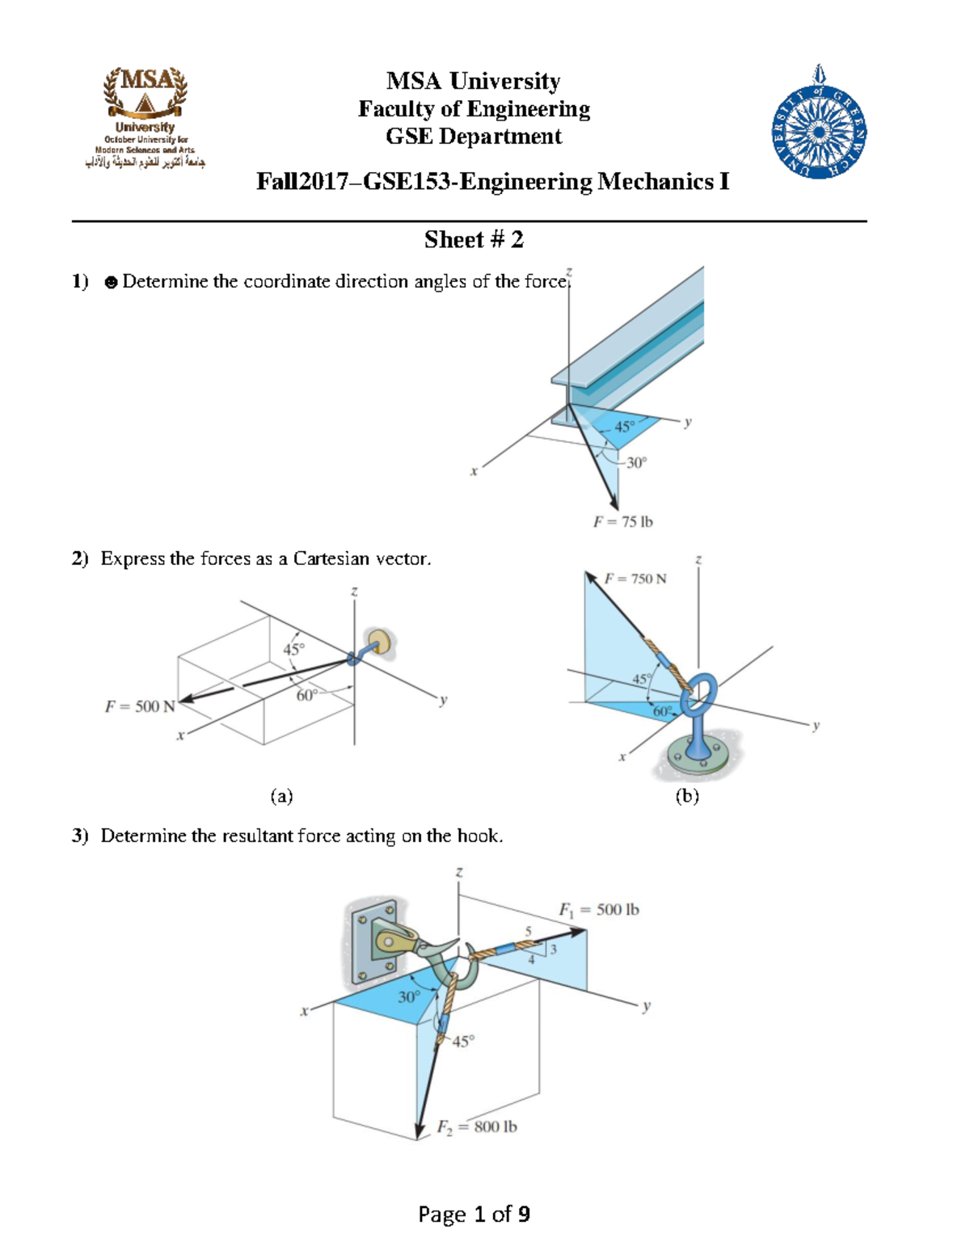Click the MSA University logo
[145, 117]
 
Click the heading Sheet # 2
[474, 240]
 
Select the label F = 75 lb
[622, 522]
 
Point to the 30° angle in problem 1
[637, 463]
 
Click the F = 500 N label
[140, 706]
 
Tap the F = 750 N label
[635, 579]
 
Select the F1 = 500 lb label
[598, 910]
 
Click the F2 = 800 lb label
[477, 1127]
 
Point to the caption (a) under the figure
[281, 797]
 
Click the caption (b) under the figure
[687, 797]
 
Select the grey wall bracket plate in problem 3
[373, 942]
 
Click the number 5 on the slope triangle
[529, 932]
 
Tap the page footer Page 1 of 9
[474, 1214]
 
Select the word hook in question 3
[478, 836]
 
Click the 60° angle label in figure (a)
[306, 695]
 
